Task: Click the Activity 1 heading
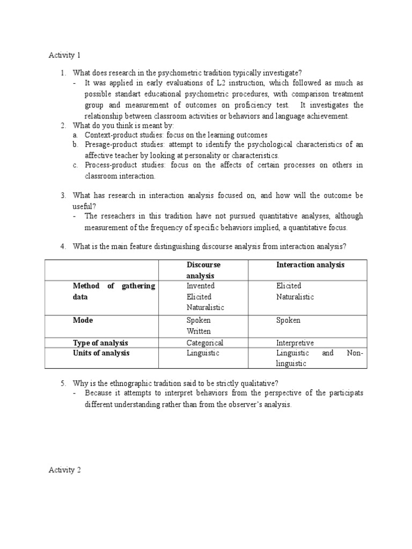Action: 64,55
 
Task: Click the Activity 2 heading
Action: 64,470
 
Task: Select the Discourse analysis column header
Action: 203,270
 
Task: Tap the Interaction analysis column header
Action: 310,265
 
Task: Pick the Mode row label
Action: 83,320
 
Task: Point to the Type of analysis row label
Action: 100,343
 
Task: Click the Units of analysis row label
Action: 101,353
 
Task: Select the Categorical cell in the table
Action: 204,343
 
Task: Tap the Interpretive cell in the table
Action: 295,343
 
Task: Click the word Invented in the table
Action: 200,286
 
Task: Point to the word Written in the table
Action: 198,331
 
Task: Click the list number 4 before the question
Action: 63,247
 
